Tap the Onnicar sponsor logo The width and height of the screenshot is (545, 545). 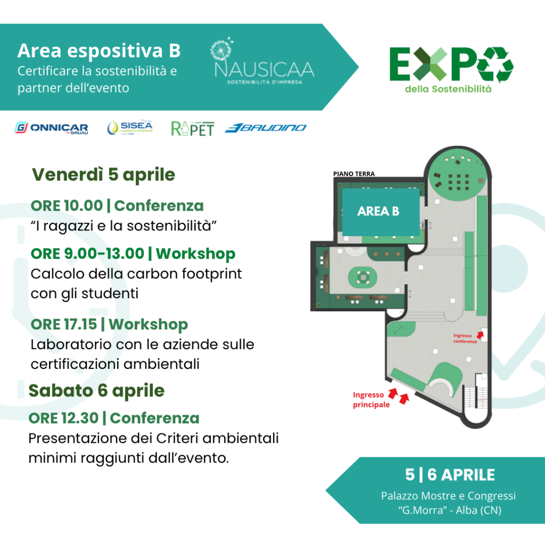[x=51, y=128]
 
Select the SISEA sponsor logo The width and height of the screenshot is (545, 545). [x=130, y=127]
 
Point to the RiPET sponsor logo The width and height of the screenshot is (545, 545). [x=193, y=129]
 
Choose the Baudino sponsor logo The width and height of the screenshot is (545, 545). [x=266, y=128]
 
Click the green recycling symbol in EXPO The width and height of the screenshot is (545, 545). [x=495, y=64]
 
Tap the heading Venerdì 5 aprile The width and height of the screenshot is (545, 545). [x=104, y=175]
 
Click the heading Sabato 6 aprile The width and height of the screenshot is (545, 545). [x=96, y=390]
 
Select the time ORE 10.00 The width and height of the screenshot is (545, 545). [x=67, y=205]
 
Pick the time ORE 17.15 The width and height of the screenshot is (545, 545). [x=64, y=324]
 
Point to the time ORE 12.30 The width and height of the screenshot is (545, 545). [x=64, y=418]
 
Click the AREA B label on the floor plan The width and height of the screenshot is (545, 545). [x=378, y=211]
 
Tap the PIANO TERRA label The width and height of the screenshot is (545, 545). [x=354, y=174]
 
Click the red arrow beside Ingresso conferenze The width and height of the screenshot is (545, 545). [x=480, y=335]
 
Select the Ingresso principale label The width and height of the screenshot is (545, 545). [x=371, y=400]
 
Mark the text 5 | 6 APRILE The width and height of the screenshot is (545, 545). [x=450, y=475]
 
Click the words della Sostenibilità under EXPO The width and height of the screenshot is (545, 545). [x=448, y=89]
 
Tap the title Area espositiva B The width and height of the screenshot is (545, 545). [x=99, y=51]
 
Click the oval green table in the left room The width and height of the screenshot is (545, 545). [x=362, y=277]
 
